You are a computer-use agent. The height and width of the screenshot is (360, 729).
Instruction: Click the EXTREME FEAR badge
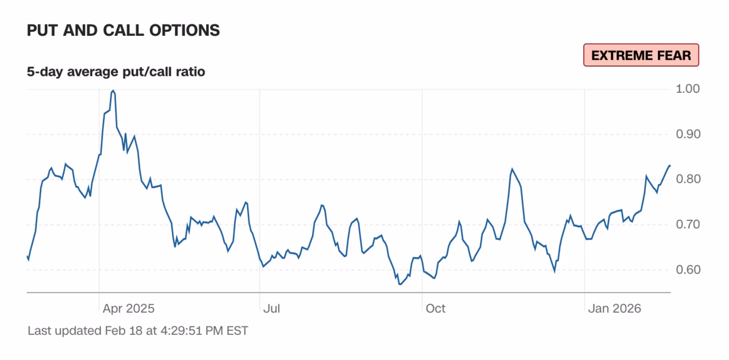coord(641,55)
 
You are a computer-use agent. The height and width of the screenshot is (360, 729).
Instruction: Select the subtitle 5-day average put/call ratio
coord(116,72)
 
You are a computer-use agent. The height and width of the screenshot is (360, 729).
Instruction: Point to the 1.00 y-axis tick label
coord(687,89)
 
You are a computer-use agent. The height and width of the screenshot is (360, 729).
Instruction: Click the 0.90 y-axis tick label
coord(687,134)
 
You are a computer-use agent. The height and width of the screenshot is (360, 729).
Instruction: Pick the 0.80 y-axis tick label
coord(687,179)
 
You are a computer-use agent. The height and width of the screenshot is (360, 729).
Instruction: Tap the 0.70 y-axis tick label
coord(687,224)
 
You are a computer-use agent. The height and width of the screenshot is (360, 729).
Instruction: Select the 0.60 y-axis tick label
coord(687,270)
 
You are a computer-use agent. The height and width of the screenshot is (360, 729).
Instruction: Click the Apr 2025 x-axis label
coord(128,309)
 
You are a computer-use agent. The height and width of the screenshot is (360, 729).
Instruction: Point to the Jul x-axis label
coord(271,309)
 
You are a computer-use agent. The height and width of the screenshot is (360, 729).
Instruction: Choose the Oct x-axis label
coord(436,309)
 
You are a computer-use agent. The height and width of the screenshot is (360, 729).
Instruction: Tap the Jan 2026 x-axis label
coord(615,309)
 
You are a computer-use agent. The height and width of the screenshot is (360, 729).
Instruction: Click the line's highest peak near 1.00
coord(113,91)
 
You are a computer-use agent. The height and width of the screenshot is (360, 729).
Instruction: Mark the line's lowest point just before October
coord(400,284)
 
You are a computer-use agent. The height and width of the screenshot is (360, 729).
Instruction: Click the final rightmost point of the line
coord(670,166)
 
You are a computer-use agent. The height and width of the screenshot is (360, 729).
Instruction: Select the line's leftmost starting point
coord(27,257)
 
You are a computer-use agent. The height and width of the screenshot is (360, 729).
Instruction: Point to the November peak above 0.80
coord(512,169)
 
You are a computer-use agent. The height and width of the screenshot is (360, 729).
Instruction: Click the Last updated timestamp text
coord(138,330)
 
